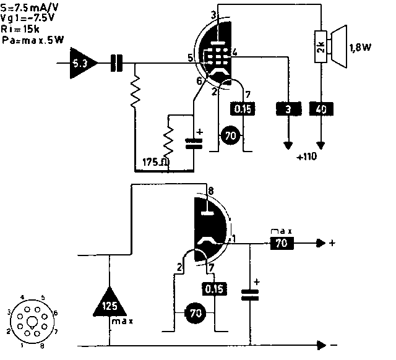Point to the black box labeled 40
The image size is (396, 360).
(x=321, y=109)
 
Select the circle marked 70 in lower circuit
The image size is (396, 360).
(x=196, y=314)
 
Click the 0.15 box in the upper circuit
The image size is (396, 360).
(x=243, y=109)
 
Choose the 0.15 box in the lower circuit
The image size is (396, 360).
(x=214, y=288)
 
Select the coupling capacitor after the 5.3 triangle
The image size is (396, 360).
(x=116, y=62)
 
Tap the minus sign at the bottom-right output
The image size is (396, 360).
(x=333, y=343)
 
